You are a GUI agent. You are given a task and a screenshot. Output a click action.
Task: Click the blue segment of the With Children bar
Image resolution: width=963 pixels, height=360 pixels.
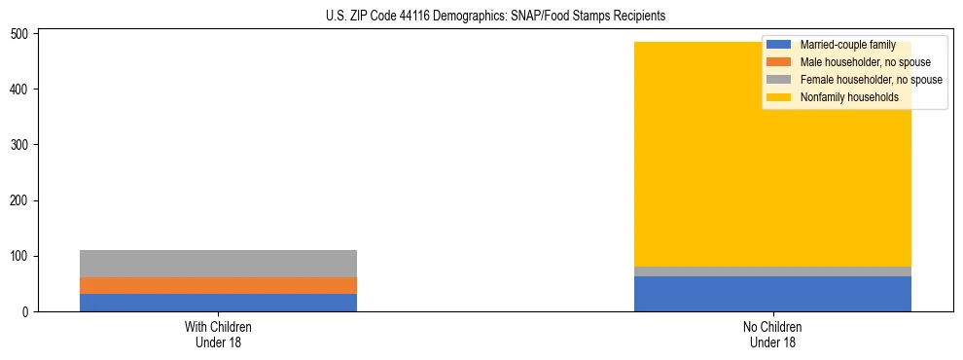[x=218, y=303]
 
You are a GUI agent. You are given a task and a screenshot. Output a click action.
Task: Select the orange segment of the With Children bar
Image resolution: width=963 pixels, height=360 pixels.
[x=218, y=285]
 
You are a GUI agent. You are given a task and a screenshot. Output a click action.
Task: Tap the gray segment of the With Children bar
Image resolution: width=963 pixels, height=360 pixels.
[x=218, y=263]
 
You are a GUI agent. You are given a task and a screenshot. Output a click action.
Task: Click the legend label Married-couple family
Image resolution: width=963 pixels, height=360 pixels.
[x=847, y=45]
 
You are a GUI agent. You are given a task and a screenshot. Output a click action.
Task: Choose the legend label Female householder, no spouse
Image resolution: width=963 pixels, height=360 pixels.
[x=871, y=80]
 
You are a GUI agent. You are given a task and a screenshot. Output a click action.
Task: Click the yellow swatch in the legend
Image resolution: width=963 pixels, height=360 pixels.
[x=779, y=97]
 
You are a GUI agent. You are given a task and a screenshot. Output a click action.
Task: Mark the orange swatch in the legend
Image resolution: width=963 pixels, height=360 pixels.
[x=779, y=62]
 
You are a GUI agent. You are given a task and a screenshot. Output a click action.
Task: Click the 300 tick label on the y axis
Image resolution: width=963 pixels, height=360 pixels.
[x=23, y=145]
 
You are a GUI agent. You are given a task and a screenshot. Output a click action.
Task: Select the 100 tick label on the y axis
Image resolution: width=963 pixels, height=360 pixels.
[x=23, y=256]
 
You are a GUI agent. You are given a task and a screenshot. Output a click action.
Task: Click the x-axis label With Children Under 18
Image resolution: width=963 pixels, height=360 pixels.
[x=218, y=334]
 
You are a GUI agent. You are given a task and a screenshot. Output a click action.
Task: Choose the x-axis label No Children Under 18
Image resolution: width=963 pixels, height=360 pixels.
[x=772, y=334]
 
